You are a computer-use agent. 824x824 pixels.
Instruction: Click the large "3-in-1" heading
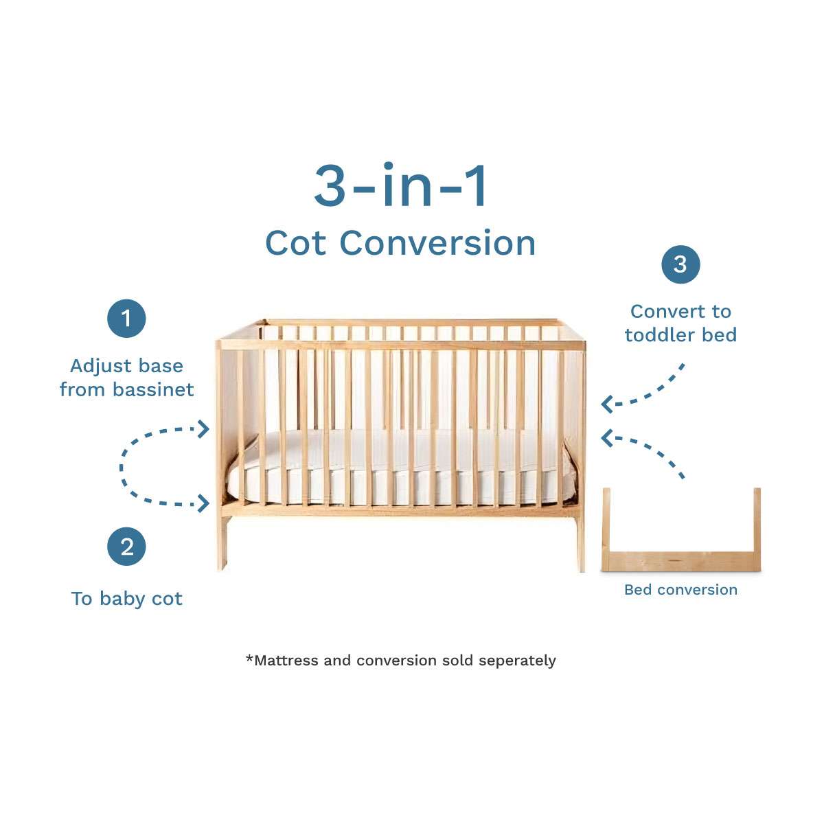(401, 185)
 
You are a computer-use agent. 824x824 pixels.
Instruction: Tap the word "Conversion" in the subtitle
(437, 243)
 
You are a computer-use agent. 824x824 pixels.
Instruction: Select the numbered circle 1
(126, 319)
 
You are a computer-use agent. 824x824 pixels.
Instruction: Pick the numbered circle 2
(126, 547)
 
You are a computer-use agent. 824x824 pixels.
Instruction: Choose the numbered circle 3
(680, 264)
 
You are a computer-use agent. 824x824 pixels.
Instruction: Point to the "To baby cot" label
(126, 599)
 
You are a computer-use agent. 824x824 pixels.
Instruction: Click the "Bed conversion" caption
(680, 590)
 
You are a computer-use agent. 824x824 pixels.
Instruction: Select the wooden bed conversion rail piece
(680, 560)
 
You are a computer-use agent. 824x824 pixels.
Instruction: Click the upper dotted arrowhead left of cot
(203, 429)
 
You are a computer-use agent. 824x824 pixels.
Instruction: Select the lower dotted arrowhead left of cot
(203, 503)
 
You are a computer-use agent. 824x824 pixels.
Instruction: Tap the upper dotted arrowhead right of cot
(606, 404)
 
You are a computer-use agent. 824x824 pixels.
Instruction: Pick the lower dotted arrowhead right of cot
(606, 437)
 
